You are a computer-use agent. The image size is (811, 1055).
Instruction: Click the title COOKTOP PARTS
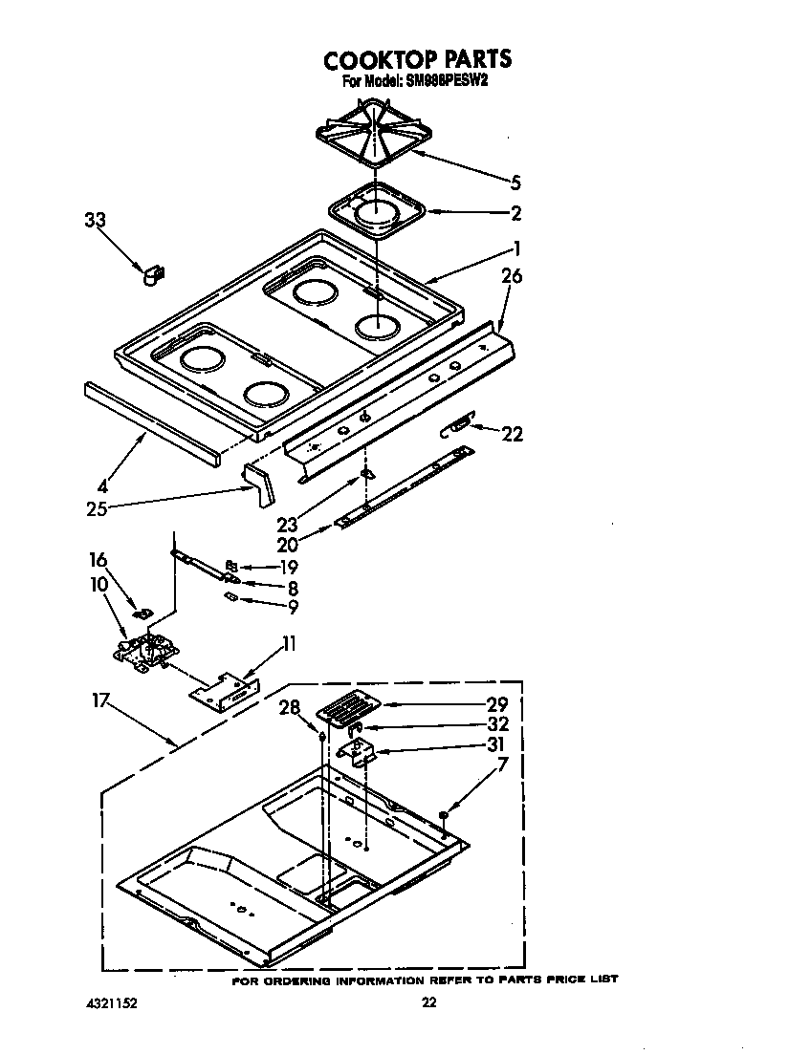(x=417, y=59)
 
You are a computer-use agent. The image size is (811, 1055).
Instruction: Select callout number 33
(x=95, y=220)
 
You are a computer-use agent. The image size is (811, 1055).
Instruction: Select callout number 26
(x=512, y=276)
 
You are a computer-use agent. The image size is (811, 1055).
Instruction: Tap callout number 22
(x=513, y=434)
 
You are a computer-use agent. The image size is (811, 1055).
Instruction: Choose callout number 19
(x=287, y=567)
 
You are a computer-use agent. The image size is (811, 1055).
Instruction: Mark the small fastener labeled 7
(x=444, y=814)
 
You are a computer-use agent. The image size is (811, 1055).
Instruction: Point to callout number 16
(x=99, y=560)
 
